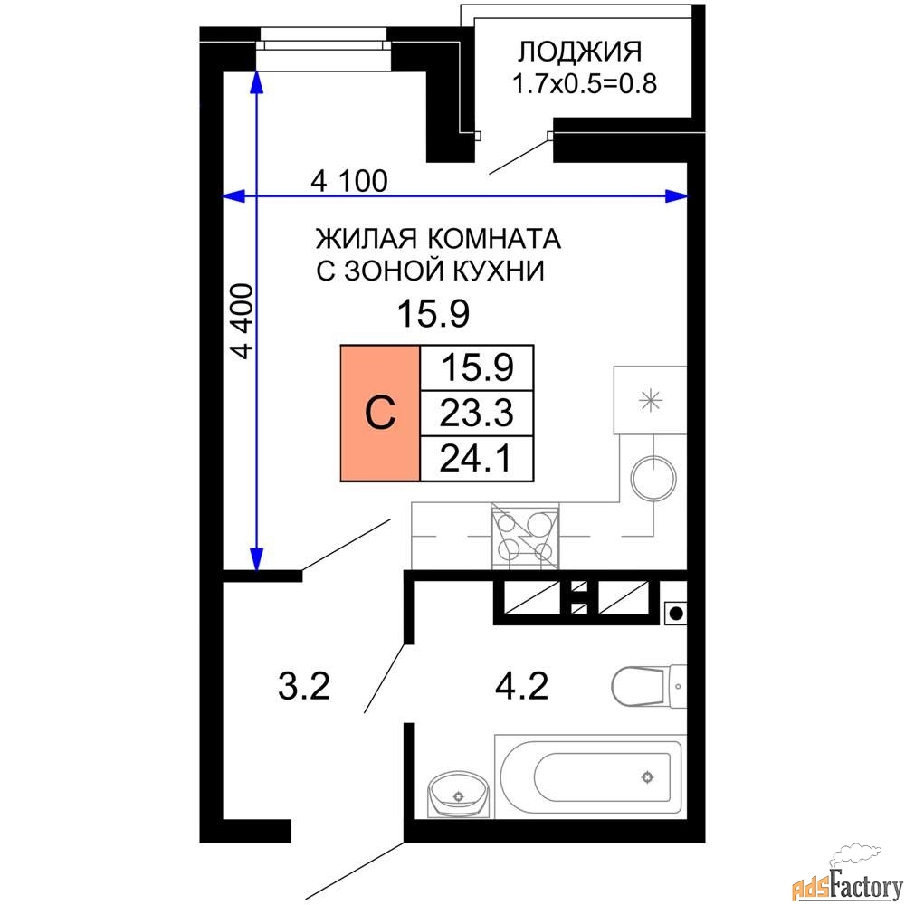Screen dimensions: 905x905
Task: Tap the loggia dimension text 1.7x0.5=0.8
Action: [584, 85]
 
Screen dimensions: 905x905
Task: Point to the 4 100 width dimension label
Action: [348, 181]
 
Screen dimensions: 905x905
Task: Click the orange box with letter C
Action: [380, 413]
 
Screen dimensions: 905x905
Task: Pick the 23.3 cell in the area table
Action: [477, 414]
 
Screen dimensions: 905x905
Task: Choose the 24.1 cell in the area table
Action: [477, 460]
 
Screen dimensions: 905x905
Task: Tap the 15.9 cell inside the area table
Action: [477, 368]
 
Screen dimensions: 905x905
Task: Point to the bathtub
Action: [588, 776]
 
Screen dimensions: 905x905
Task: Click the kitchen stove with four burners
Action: [525, 536]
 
